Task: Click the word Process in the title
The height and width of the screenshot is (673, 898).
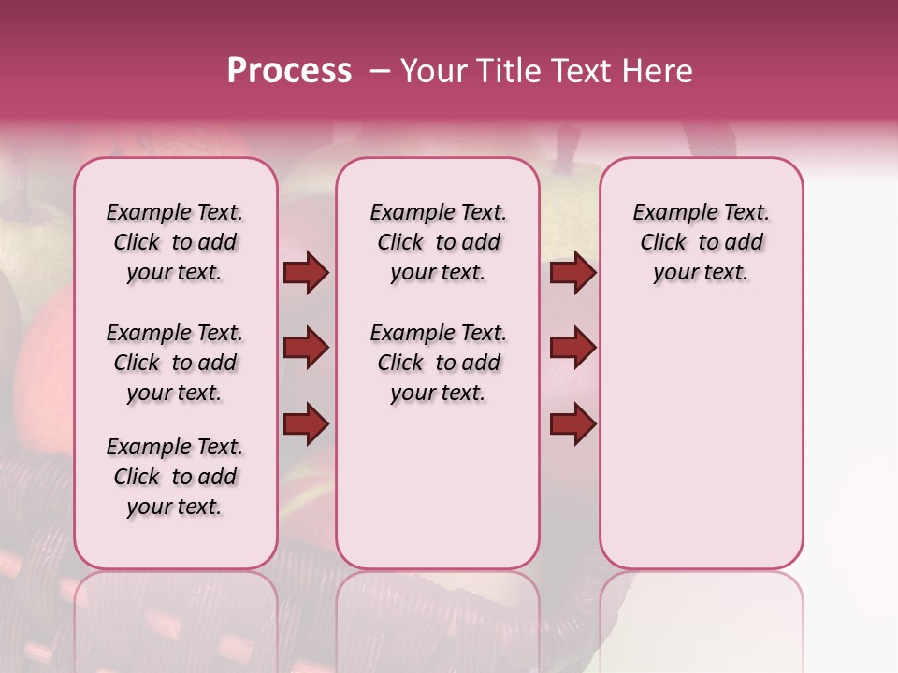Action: tap(289, 71)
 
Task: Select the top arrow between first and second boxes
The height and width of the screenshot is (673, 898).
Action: tap(306, 273)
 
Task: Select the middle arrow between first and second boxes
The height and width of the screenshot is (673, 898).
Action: tap(306, 349)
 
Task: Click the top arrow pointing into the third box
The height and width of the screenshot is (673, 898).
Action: tap(572, 273)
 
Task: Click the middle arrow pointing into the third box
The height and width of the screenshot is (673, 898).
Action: tap(572, 349)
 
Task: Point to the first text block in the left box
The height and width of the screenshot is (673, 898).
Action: tap(175, 242)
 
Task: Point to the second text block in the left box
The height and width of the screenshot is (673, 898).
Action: tap(175, 363)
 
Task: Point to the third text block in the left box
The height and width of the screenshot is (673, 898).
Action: tap(175, 477)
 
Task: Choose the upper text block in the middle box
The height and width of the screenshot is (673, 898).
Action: tap(438, 242)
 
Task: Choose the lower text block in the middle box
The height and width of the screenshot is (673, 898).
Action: tap(438, 363)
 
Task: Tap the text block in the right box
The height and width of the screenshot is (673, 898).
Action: tap(701, 242)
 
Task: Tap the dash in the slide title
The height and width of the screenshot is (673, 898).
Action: tap(380, 71)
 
